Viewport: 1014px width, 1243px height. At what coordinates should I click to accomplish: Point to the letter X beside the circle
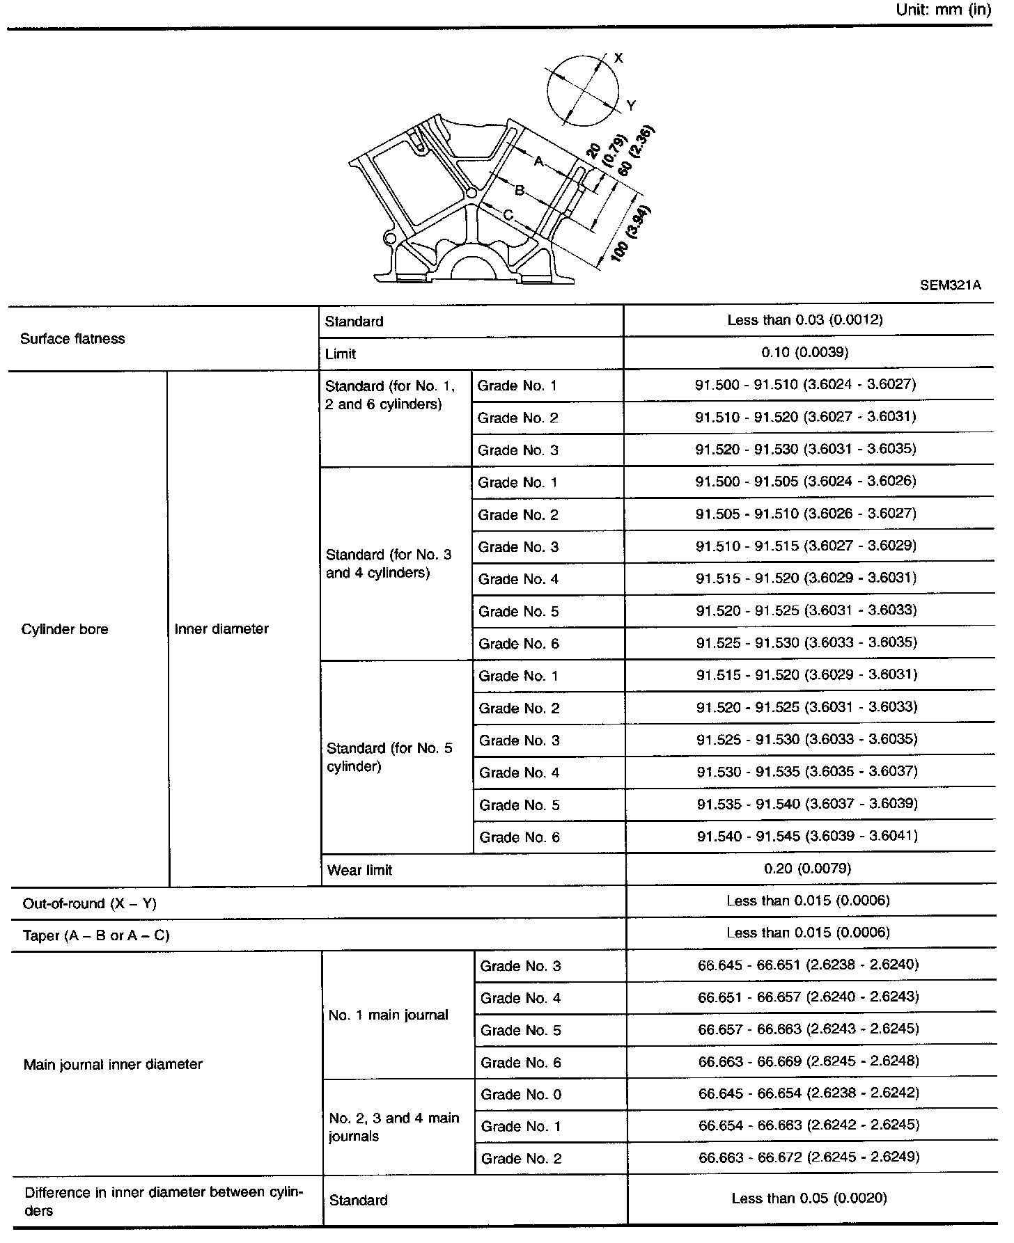point(618,58)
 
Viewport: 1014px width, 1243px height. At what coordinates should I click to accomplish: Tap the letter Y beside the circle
point(631,106)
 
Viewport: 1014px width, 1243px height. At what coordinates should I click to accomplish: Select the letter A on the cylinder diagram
point(538,161)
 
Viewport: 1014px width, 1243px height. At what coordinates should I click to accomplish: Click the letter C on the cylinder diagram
point(508,216)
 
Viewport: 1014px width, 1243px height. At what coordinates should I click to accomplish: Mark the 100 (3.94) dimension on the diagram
point(631,235)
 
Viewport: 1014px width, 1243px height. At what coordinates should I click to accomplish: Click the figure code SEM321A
point(951,285)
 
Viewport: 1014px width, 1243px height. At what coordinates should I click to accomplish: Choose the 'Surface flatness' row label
point(72,339)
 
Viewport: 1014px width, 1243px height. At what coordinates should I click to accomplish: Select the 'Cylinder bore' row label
point(65,629)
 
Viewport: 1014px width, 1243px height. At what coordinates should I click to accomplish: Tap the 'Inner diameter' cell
point(221,629)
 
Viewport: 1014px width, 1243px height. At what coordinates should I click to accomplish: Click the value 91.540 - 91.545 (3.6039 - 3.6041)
point(807,836)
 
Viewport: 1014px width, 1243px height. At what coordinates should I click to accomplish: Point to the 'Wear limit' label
point(359,870)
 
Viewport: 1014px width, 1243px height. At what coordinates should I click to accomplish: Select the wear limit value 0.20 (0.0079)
point(807,869)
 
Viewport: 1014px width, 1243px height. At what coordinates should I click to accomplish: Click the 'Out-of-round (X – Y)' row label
point(90,903)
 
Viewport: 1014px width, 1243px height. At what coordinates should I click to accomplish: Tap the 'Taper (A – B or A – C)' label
point(96,936)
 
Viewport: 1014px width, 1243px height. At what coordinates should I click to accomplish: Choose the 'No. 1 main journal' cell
point(388,1015)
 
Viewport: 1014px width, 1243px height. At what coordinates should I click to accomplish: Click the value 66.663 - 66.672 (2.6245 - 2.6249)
point(809,1157)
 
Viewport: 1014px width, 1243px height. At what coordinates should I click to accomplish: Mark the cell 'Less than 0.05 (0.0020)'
point(809,1198)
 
